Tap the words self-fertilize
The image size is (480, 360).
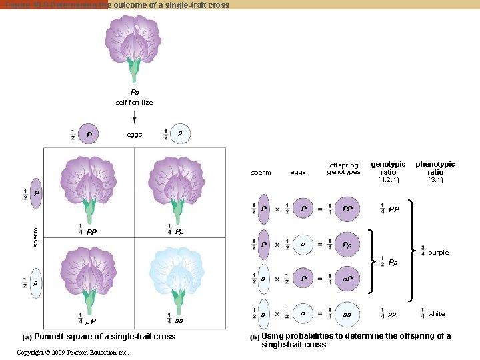[x=134, y=103]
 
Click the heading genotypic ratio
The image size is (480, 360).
[x=388, y=168]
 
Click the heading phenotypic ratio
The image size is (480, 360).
[x=435, y=168]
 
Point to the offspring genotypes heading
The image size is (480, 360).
[x=343, y=168]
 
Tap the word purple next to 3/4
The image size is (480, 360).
[x=438, y=253]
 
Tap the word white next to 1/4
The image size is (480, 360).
[x=436, y=314]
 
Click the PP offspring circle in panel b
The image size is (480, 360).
[x=347, y=209]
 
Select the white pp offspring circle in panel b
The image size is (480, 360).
[x=347, y=314]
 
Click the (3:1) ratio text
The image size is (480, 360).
[x=435, y=180]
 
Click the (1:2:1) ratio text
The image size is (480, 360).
[x=388, y=180]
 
